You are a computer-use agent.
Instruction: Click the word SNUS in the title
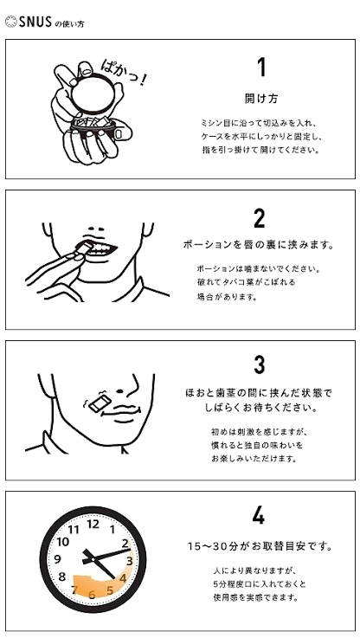coord(35,22)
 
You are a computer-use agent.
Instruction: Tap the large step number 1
coord(261,68)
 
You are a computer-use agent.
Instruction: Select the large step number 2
coord(259,218)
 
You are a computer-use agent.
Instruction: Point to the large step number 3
coord(259,364)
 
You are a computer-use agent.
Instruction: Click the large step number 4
coord(258,516)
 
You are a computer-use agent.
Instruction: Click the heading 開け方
coord(261,99)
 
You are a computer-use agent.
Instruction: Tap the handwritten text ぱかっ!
coord(122,72)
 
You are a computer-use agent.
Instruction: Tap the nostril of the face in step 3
coord(120,392)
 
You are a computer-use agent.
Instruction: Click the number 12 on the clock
coord(93,524)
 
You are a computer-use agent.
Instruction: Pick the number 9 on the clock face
coord(57,559)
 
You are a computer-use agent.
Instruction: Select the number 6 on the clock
coord(92,595)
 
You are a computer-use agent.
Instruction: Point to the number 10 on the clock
coord(63,542)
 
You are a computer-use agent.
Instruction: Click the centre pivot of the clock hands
coord(93,559)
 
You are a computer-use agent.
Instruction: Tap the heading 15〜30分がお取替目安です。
coord(260,546)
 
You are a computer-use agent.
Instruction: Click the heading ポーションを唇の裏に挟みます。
coord(259,245)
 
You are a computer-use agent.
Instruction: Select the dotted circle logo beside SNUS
coord(11,22)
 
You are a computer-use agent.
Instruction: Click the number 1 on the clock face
coord(112,530)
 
